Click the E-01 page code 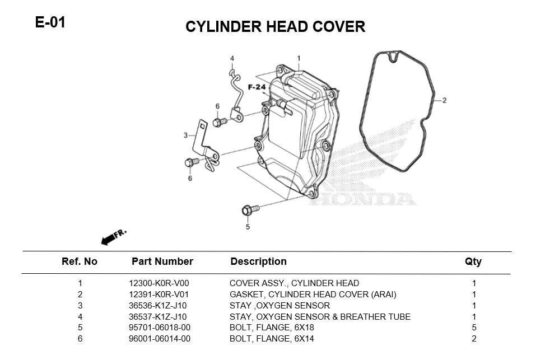pyautogui.click(x=50, y=23)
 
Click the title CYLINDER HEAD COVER pyautogui.click(x=275, y=27)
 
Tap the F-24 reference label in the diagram pyautogui.click(x=257, y=87)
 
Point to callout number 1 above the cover pyautogui.click(x=299, y=58)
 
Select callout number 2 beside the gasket pyautogui.click(x=444, y=101)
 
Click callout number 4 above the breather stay pyautogui.click(x=232, y=58)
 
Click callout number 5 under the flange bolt pyautogui.click(x=248, y=227)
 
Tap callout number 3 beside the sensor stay pyautogui.click(x=185, y=135)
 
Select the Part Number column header pyautogui.click(x=162, y=261)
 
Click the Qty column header pyautogui.click(x=473, y=261)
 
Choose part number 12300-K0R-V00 pyautogui.click(x=159, y=283)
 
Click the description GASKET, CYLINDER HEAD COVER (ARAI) pyautogui.click(x=313, y=294)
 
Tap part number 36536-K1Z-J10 pyautogui.click(x=158, y=306)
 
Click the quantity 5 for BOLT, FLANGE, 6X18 pyautogui.click(x=474, y=328)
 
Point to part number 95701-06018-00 pyautogui.click(x=160, y=328)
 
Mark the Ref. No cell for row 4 pyautogui.click(x=80, y=317)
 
